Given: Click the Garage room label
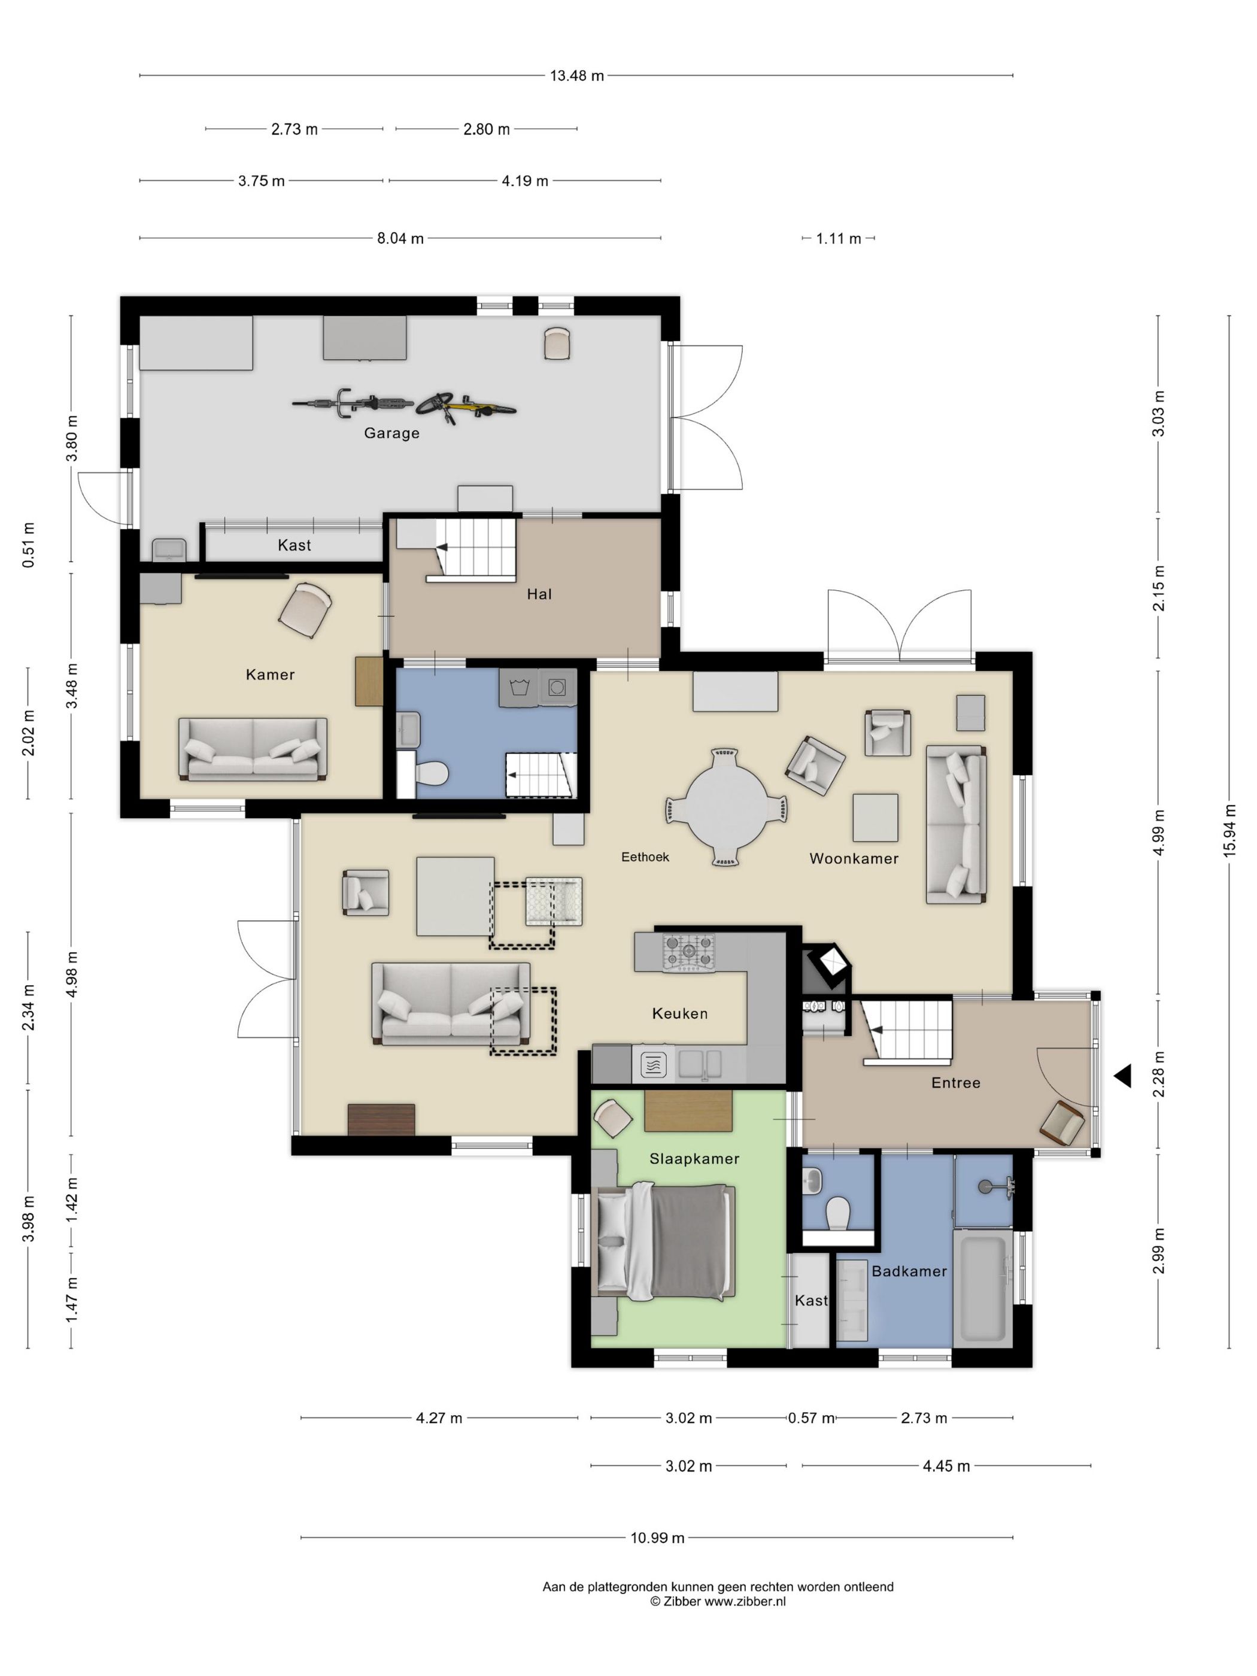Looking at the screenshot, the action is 391,433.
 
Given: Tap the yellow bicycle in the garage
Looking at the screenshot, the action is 465,407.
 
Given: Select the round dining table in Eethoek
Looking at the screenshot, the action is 725,807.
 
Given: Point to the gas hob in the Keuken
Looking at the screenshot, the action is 688,952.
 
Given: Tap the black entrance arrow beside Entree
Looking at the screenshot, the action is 1123,1075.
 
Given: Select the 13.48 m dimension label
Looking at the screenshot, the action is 576,76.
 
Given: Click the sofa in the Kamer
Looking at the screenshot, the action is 253,749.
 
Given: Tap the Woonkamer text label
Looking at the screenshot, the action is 854,858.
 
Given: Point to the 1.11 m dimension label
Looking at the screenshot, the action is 838,239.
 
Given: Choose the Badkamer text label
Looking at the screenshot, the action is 909,1271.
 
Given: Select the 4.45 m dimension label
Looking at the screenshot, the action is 946,1466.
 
